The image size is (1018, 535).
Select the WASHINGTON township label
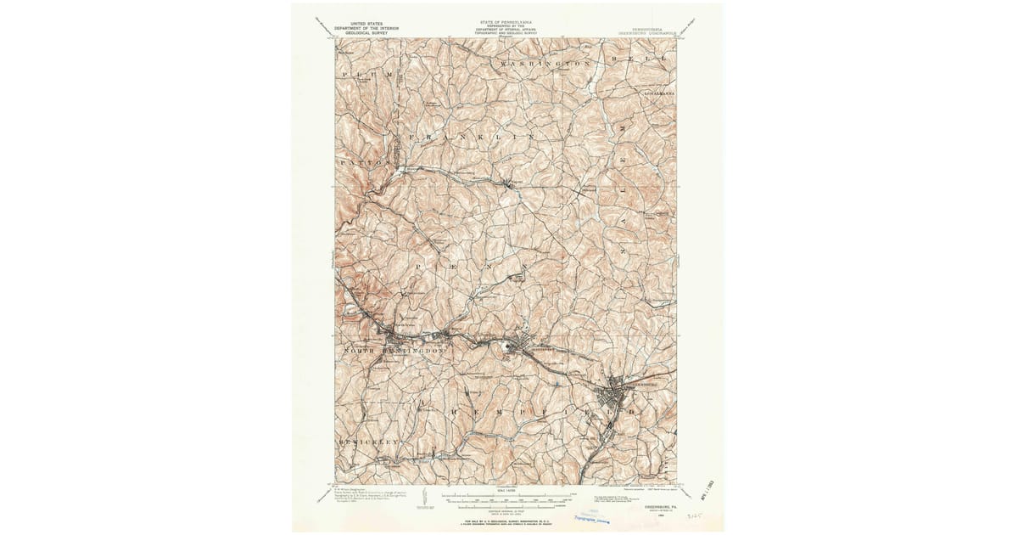(x=545, y=65)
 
